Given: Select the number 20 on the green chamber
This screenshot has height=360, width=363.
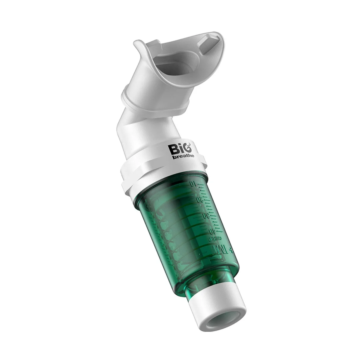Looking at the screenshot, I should [x=200, y=200].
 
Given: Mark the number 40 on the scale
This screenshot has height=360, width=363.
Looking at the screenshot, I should [x=212, y=231].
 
